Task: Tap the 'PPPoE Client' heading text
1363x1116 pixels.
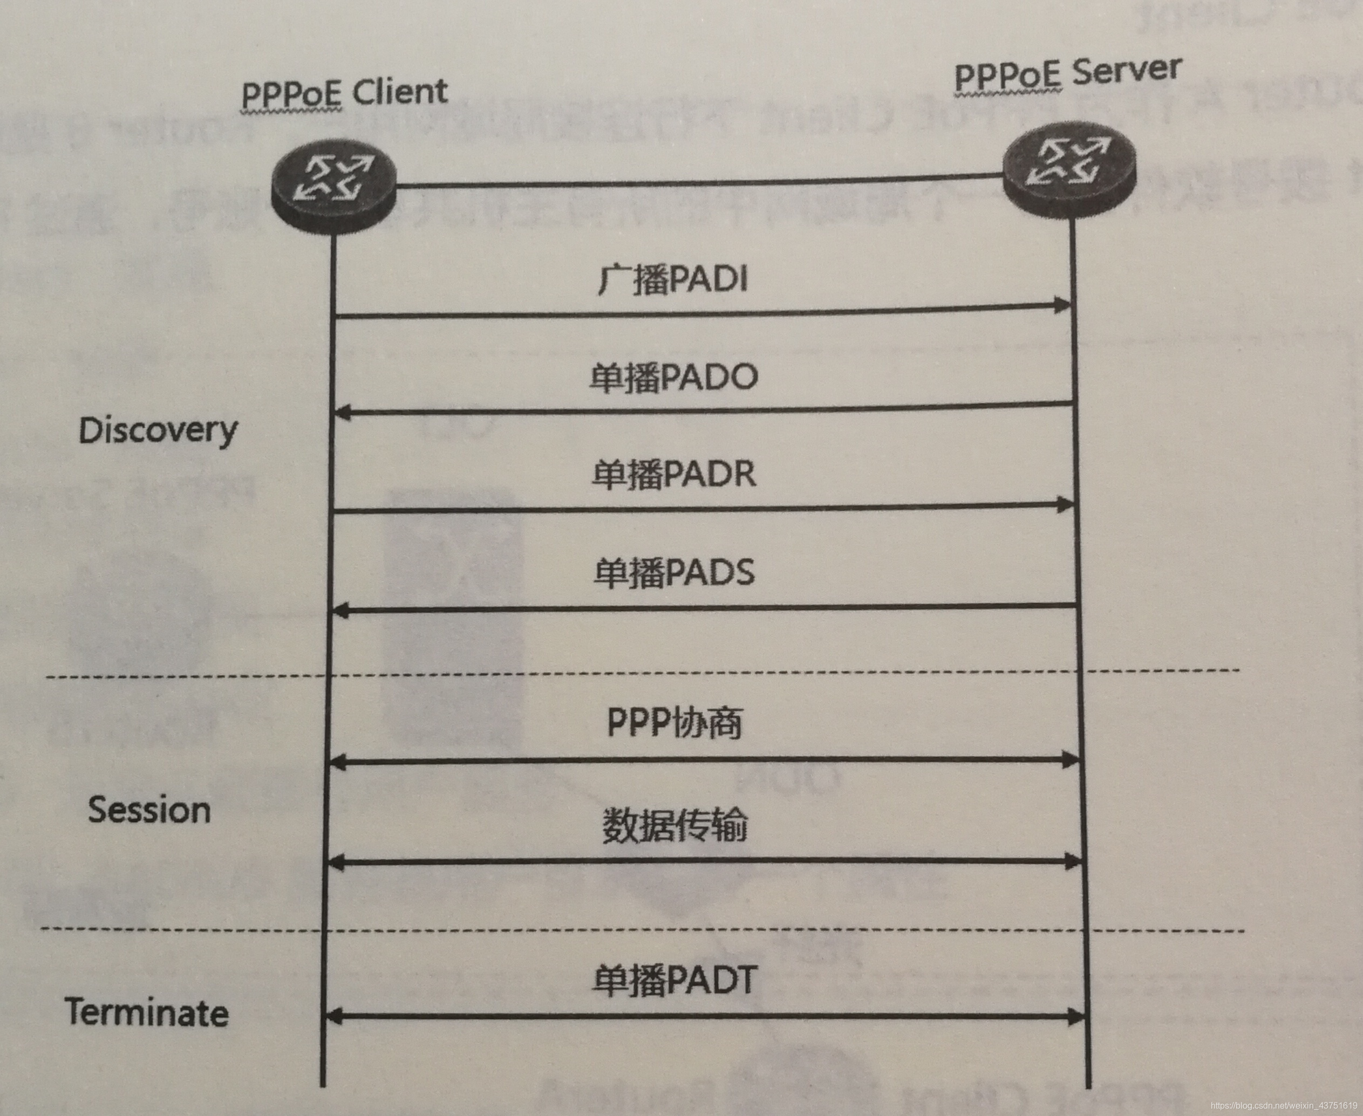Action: pyautogui.click(x=344, y=94)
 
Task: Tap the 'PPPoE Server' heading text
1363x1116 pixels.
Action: pyautogui.click(x=1067, y=74)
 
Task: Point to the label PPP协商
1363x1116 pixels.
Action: pyautogui.click(x=674, y=723)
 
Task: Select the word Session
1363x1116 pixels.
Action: pyautogui.click(x=149, y=810)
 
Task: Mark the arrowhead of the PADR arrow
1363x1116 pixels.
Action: pyautogui.click(x=1064, y=505)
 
